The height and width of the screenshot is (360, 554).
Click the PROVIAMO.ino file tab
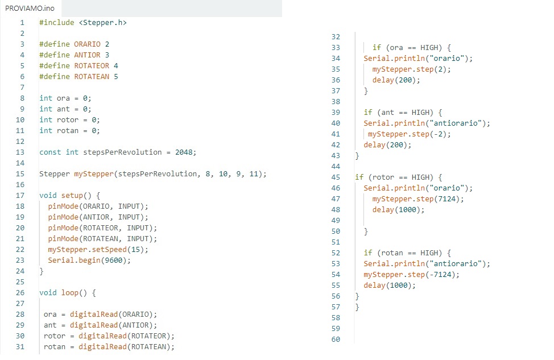[x=30, y=8]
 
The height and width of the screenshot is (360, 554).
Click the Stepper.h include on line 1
[x=102, y=23]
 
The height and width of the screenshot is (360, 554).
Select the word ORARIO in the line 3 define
[x=87, y=44]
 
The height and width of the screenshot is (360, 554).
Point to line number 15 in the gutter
[x=20, y=174]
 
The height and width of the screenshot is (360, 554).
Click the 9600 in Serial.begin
[x=114, y=260]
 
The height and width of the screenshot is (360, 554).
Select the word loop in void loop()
[x=70, y=293]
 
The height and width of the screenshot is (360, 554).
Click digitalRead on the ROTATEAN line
[x=102, y=347]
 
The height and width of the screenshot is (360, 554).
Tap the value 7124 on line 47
[x=447, y=199]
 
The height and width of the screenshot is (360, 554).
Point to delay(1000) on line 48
[x=398, y=210]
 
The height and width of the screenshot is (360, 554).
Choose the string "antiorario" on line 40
[x=456, y=123]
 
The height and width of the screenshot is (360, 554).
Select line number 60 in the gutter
[x=336, y=340]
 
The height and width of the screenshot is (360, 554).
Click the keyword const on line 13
[x=50, y=152]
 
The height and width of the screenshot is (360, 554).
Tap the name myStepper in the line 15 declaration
[x=94, y=174]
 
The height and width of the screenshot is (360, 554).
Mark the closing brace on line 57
[x=357, y=307]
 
